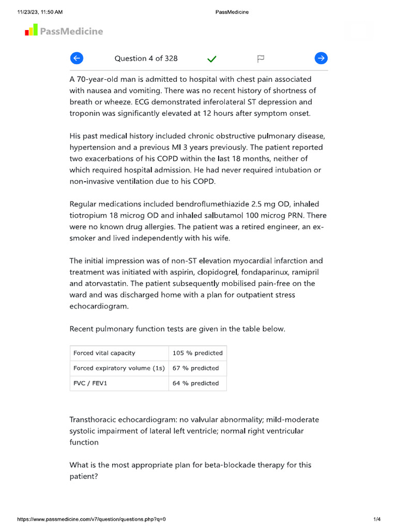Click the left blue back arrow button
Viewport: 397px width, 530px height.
(77, 58)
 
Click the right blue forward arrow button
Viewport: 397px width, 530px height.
(321, 58)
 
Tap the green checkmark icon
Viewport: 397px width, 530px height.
(211, 59)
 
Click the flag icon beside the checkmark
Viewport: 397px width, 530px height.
(261, 59)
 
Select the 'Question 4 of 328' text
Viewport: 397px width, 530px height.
(146, 58)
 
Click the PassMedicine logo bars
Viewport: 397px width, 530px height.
(31, 31)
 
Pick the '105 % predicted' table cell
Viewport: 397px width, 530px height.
(197, 353)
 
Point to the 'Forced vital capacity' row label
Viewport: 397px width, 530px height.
(104, 353)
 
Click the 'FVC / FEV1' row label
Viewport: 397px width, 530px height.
(90, 383)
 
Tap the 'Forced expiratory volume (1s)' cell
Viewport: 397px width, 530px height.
(119, 368)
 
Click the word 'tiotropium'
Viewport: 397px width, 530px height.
(88, 215)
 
